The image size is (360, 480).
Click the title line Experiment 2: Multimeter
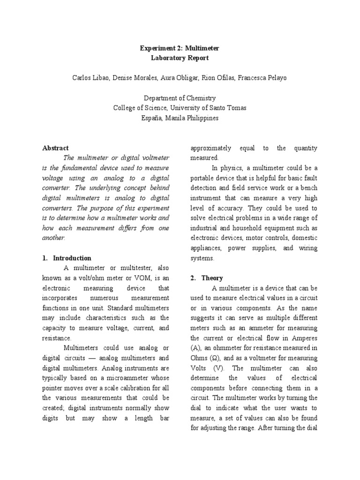(180, 48)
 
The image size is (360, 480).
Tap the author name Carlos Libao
(92, 77)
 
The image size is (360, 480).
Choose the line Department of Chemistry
(180, 98)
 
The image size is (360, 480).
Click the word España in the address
(151, 118)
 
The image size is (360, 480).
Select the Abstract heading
(55, 148)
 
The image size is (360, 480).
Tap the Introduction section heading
(72, 258)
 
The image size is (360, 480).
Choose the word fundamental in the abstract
(87, 168)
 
